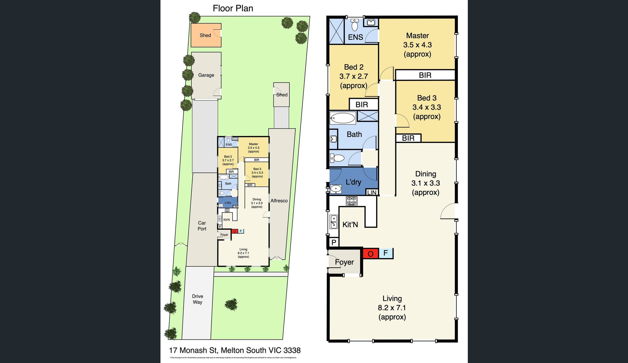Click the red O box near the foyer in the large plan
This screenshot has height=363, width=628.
[371, 254]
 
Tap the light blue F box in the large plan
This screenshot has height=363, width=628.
[386, 253]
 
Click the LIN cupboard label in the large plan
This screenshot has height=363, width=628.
[372, 192]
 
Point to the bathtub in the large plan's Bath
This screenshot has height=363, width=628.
[343, 118]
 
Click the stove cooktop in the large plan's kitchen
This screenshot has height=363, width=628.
[352, 201]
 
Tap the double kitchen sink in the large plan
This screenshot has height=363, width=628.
[333, 222]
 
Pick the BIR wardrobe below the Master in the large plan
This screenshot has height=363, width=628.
[425, 75]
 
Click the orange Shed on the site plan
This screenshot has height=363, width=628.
[206, 35]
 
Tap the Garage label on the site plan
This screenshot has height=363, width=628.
[206, 75]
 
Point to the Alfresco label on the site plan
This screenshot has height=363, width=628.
[279, 201]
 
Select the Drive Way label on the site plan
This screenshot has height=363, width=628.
[198, 299]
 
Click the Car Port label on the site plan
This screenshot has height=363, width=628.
[202, 226]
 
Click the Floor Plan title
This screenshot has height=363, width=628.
[233, 9]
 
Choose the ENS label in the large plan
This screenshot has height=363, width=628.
[355, 37]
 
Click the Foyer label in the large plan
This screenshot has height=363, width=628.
[344, 262]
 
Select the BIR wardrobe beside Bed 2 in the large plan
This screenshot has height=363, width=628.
[362, 105]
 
